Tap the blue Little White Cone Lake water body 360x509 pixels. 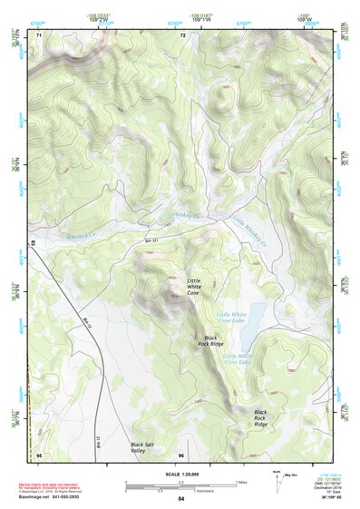pos(255,318)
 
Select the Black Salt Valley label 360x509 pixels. pos(143,446)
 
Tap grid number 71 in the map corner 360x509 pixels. pos(38,35)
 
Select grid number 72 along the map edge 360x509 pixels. pos(182,35)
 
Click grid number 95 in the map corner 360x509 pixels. pos(38,455)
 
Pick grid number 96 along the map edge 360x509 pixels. pos(181,455)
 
